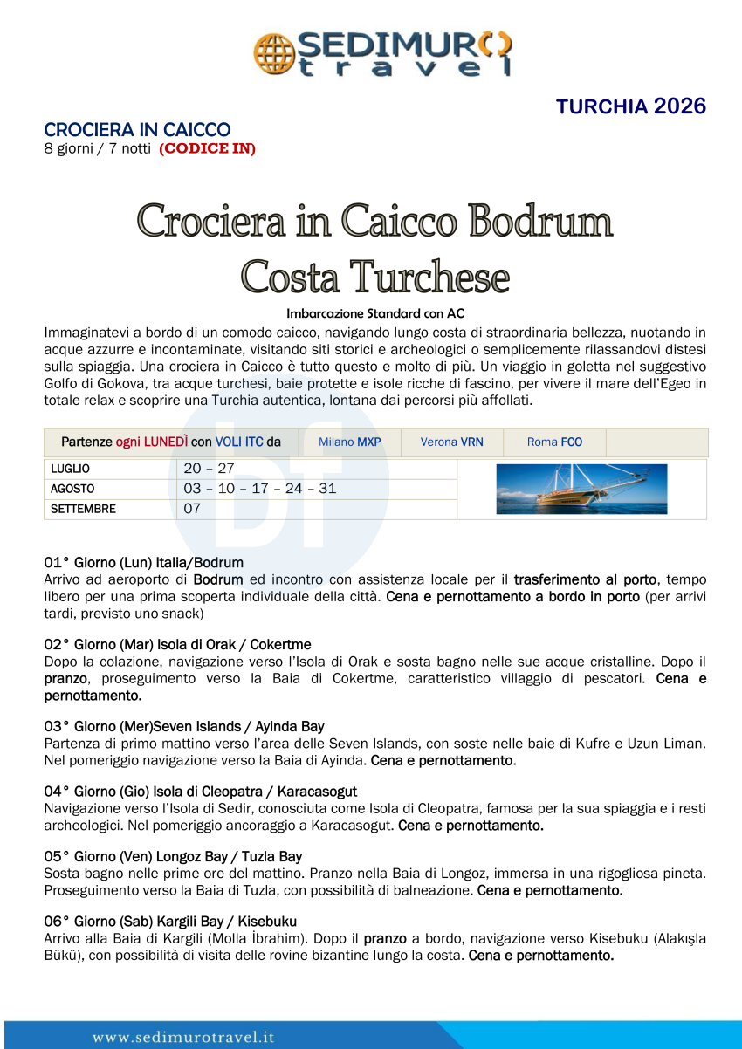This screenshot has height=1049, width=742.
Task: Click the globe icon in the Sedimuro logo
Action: [272, 52]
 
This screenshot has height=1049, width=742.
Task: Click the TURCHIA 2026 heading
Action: [630, 107]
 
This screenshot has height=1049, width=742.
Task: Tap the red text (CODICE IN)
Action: [207, 148]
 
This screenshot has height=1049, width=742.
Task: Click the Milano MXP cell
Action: [349, 442]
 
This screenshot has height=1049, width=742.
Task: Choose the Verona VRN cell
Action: [451, 442]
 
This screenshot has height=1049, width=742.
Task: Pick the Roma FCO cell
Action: [554, 442]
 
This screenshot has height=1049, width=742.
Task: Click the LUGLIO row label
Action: [71, 470]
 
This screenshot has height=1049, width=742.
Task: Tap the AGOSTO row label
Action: [72, 489]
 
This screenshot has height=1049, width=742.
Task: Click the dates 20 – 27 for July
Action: [209, 469]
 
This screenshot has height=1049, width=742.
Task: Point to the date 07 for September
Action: [192, 509]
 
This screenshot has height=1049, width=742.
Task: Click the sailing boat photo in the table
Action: [581, 489]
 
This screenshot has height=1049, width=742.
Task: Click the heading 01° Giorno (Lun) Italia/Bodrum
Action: [143, 563]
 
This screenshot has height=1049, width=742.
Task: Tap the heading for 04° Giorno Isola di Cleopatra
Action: [200, 792]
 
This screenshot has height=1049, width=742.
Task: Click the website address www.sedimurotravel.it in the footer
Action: [183, 1038]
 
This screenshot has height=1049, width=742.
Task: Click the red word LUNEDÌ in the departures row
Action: [163, 442]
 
